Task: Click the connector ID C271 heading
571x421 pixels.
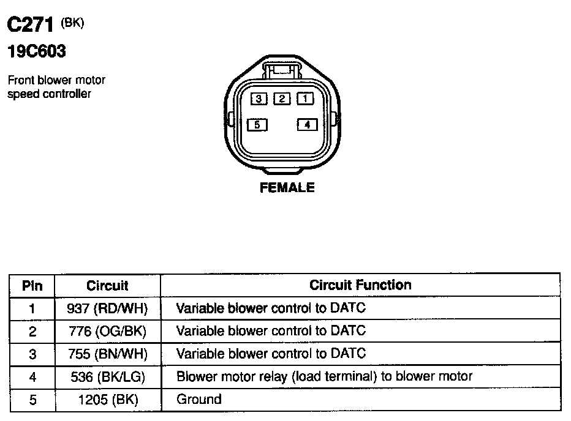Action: coord(31,25)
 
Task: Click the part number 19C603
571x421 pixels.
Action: coord(36,52)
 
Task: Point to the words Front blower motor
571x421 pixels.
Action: coord(56,80)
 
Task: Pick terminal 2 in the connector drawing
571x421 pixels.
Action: coord(282,99)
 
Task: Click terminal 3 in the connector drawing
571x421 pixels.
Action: coord(259,99)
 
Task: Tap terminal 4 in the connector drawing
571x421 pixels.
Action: coord(307,125)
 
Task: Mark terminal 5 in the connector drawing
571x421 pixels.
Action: coord(258,125)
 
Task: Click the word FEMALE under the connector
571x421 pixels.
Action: coord(287,188)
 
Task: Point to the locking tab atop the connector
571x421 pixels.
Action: coord(281,69)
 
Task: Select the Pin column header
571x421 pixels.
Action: coord(32,285)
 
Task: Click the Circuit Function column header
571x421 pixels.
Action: coord(360,285)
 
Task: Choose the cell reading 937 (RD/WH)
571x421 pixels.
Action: coord(107,308)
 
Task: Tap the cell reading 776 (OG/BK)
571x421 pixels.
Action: coord(107,331)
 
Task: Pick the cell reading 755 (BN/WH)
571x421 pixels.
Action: coord(107,354)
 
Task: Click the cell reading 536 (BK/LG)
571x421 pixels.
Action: coord(107,377)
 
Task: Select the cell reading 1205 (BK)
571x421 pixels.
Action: coord(107,400)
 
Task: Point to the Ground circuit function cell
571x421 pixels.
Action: coord(199,400)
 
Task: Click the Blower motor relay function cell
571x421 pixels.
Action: coord(324,376)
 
